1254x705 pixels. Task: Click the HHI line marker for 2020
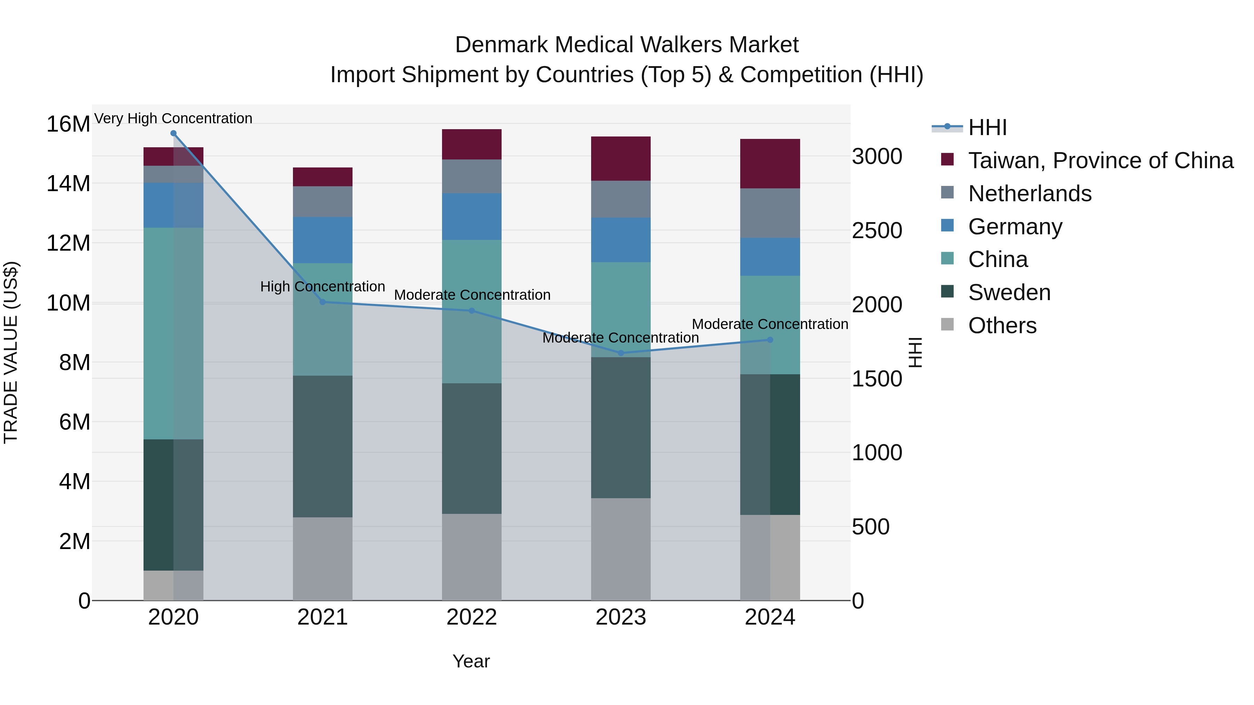pos(173,133)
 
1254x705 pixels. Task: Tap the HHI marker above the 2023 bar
pos(621,353)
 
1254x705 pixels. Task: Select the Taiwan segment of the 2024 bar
pos(769,164)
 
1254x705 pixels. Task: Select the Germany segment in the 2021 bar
pos(322,240)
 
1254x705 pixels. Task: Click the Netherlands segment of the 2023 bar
pos(621,199)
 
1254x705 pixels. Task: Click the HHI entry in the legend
pos(987,127)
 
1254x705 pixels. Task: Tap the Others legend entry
pos(1002,326)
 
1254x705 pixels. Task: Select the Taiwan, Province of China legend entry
pos(1100,160)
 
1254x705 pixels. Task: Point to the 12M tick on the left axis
pos(68,243)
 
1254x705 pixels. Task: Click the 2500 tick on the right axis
pos(877,230)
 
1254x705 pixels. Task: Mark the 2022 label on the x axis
pos(471,617)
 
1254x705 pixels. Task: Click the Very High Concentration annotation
pos(173,118)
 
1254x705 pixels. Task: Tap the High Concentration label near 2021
pos(322,287)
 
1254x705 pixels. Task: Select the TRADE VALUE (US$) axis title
pos(11,352)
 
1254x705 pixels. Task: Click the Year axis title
pos(471,661)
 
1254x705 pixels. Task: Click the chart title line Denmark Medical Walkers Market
pos(627,45)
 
